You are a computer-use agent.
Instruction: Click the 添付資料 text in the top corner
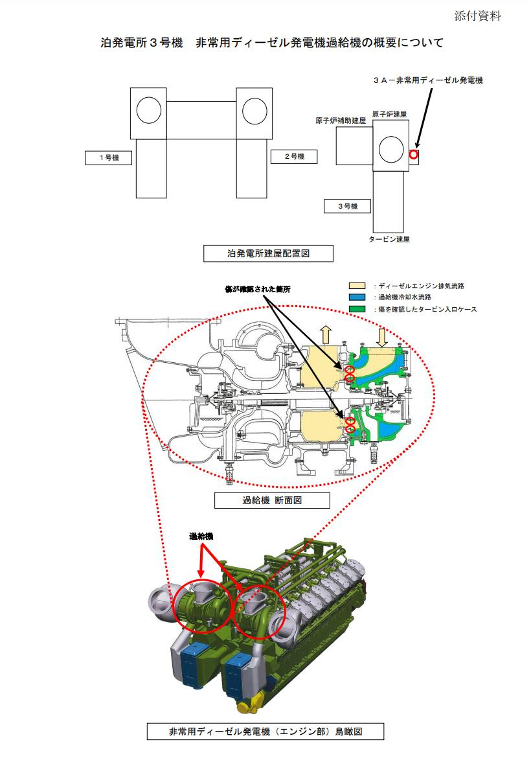pyautogui.click(x=477, y=16)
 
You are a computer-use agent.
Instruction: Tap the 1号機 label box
pyautogui.click(x=108, y=157)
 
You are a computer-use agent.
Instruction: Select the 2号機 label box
pyautogui.click(x=294, y=157)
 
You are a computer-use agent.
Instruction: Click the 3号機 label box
pyautogui.click(x=347, y=206)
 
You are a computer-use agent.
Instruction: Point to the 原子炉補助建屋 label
pyautogui.click(x=341, y=121)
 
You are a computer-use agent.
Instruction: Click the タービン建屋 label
pyautogui.click(x=389, y=239)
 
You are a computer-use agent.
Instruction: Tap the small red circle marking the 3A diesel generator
pyautogui.click(x=413, y=154)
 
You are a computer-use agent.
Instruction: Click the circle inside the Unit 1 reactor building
pyautogui.click(x=149, y=110)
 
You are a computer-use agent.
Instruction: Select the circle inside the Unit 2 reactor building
pyautogui.click(x=254, y=111)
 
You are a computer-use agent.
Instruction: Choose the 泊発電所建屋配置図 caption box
pyautogui.click(x=268, y=253)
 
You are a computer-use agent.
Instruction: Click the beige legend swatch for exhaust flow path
pyautogui.click(x=357, y=286)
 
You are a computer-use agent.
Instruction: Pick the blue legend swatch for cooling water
pyautogui.click(x=357, y=297)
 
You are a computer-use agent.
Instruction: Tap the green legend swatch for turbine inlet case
pyautogui.click(x=357, y=309)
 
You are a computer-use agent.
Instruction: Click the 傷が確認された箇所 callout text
pyautogui.click(x=258, y=289)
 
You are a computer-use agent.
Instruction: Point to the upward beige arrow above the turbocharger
pyautogui.click(x=326, y=335)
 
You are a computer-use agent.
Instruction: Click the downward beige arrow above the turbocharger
pyautogui.click(x=382, y=337)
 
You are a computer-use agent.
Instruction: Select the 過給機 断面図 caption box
pyautogui.click(x=272, y=500)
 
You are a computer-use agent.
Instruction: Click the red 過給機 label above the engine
pyautogui.click(x=201, y=537)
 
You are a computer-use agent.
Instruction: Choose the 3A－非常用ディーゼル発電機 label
pyautogui.click(x=428, y=80)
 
